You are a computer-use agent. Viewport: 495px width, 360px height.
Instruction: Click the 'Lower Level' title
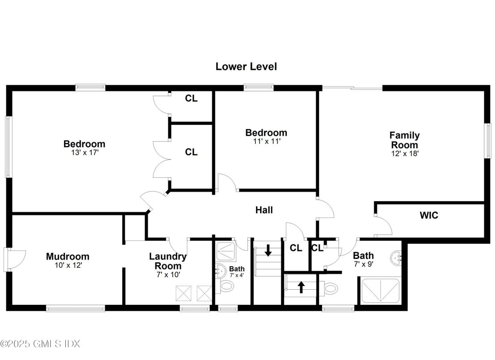coord(246,67)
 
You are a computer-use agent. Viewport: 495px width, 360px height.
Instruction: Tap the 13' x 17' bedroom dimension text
coord(84,153)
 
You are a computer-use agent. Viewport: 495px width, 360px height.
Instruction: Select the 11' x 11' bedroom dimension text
coord(266,141)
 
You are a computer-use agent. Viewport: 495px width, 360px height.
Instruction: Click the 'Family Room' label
coord(404,140)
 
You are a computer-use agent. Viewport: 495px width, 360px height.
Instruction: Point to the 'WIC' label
coord(429,215)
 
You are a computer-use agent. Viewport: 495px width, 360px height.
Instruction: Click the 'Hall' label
coord(264,210)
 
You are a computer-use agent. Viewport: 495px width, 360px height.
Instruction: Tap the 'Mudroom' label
coord(68,257)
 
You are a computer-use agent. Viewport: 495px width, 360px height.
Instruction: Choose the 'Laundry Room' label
coord(168,261)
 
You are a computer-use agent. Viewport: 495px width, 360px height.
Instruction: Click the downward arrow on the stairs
coord(268,250)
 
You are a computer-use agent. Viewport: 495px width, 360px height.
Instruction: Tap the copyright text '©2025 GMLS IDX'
coord(40,344)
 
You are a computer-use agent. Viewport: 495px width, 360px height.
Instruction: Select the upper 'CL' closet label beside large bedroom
coord(192,99)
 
